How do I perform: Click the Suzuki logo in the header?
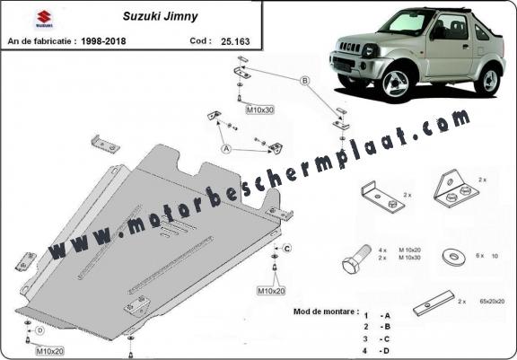coord(44,19)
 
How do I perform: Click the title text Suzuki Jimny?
coord(161,16)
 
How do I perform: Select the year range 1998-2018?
coord(103,41)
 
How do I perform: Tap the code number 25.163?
coord(235,41)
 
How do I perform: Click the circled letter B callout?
coord(305,81)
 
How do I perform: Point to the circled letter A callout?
coord(226,149)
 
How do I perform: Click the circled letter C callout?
coord(287,249)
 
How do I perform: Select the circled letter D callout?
coord(39,330)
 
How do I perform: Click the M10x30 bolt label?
coord(260,110)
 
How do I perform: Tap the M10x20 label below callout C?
coord(271,291)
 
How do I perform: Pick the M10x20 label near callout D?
coord(49,351)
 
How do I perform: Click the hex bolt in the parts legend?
coord(355,259)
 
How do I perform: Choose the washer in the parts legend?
coord(454,257)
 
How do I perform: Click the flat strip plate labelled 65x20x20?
coord(434,303)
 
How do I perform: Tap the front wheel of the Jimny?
coord(396,83)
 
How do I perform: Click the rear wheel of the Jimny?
coord(487,81)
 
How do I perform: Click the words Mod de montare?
coord(326,312)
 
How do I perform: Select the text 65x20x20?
coord(492,301)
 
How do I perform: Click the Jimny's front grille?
coord(350,47)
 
